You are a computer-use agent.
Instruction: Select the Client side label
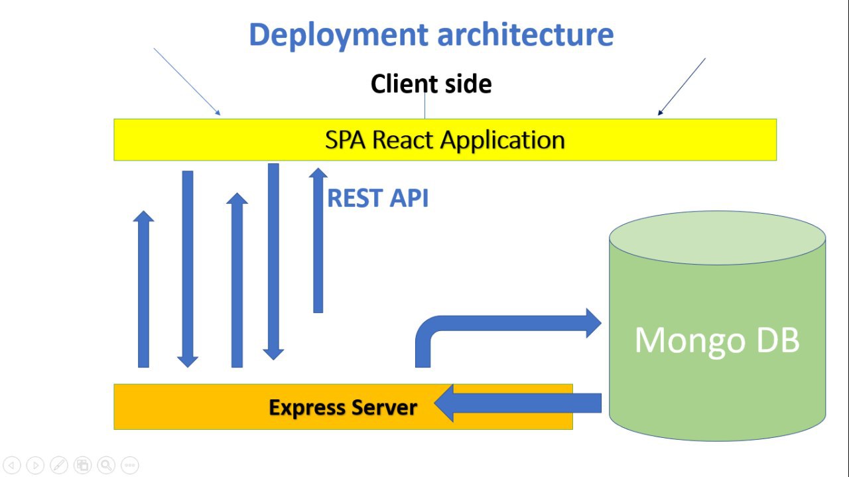coord(431,84)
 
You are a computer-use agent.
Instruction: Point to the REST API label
coord(378,198)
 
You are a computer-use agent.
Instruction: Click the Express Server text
coord(343,407)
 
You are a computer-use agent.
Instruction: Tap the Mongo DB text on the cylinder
coord(717,340)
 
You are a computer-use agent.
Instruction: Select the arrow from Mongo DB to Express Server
coord(517,403)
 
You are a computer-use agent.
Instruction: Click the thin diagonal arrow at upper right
coord(682,86)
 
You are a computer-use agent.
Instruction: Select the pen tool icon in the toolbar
coord(58,465)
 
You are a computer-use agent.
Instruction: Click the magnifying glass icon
coord(106,465)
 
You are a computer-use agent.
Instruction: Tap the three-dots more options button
coord(130,465)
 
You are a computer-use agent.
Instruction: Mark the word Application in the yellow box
coord(503,140)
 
